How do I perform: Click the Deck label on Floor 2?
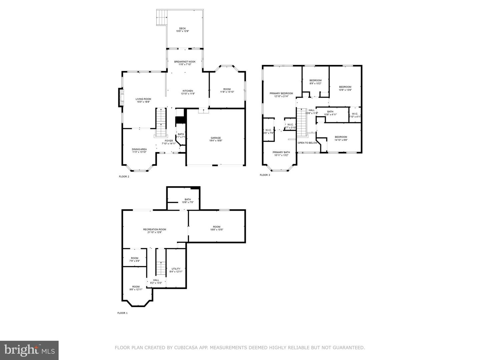[x=182, y=30]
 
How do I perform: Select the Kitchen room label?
[x=188, y=92]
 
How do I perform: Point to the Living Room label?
[x=143, y=100]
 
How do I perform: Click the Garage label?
[x=216, y=139]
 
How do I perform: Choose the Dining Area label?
[x=139, y=151]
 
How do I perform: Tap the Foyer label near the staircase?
[x=169, y=142]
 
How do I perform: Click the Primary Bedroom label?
[x=281, y=95]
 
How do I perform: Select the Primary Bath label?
[x=281, y=154]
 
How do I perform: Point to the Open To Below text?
[x=307, y=143]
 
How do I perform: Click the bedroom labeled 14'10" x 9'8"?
[x=341, y=138]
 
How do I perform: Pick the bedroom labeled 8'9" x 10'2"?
[x=315, y=82]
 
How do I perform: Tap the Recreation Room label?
[x=155, y=231]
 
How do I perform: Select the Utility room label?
[x=176, y=270]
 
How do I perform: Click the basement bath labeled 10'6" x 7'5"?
[x=188, y=201]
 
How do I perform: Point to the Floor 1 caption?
[x=122, y=313]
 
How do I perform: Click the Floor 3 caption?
[x=265, y=175]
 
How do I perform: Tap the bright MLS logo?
[x=29, y=350]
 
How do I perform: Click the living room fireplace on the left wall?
[x=121, y=97]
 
